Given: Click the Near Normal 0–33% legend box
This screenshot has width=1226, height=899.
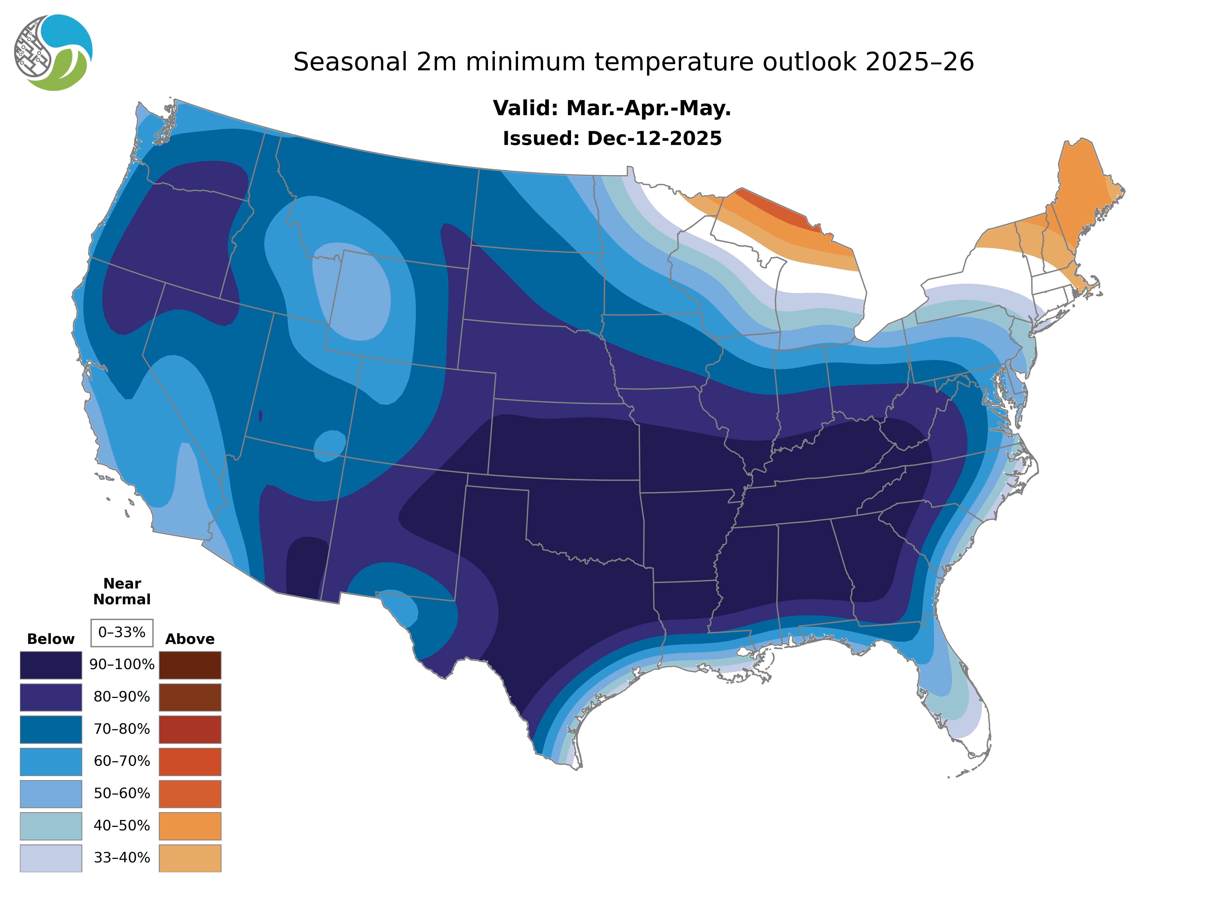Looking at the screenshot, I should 122,632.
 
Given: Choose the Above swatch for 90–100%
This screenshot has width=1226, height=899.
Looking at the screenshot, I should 190,665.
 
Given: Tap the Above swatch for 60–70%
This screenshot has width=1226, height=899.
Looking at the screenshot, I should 190,761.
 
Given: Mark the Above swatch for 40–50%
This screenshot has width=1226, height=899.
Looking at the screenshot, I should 190,825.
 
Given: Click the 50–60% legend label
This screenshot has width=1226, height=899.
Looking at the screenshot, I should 122,793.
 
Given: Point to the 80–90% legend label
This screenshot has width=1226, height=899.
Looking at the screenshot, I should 122,697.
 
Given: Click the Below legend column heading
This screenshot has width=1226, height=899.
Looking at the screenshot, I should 51,639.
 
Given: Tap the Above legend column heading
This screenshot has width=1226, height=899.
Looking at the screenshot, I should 190,639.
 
